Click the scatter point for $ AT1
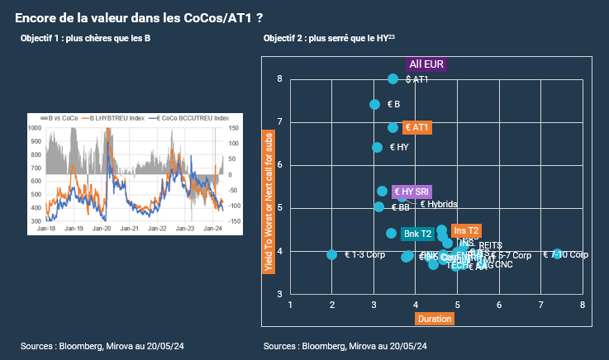(x=393, y=79)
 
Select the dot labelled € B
(x=374, y=105)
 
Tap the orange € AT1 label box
(x=417, y=128)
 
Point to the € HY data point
(x=378, y=147)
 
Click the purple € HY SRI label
(x=411, y=192)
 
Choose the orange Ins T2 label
(x=467, y=230)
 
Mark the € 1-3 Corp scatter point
(x=332, y=255)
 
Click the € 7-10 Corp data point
(x=558, y=254)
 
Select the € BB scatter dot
(x=378, y=207)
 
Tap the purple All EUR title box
(x=426, y=64)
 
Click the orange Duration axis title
(x=435, y=319)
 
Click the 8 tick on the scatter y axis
(x=279, y=79)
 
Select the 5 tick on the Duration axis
(x=457, y=305)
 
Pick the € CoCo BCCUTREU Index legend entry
(x=192, y=118)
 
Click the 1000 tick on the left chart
(x=36, y=128)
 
